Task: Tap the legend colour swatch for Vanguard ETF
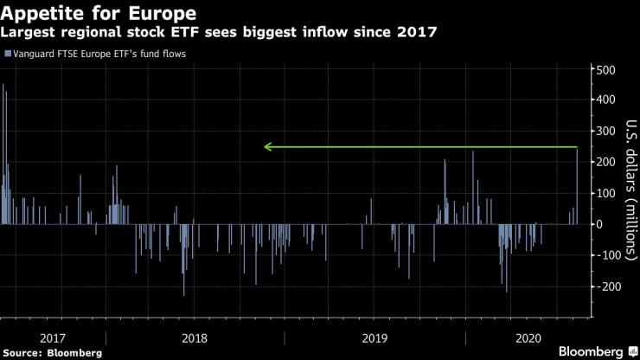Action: click(7, 54)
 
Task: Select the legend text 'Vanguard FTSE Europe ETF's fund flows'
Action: click(98, 54)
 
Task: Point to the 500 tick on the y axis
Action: click(607, 69)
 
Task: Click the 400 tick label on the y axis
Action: click(607, 100)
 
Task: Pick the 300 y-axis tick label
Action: click(607, 131)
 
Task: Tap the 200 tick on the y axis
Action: click(607, 162)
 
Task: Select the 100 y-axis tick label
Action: click(607, 192)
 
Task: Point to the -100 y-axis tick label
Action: click(609, 254)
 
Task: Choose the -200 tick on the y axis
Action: click(609, 286)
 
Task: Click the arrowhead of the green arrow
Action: click(267, 147)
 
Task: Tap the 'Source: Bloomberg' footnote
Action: click(53, 352)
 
